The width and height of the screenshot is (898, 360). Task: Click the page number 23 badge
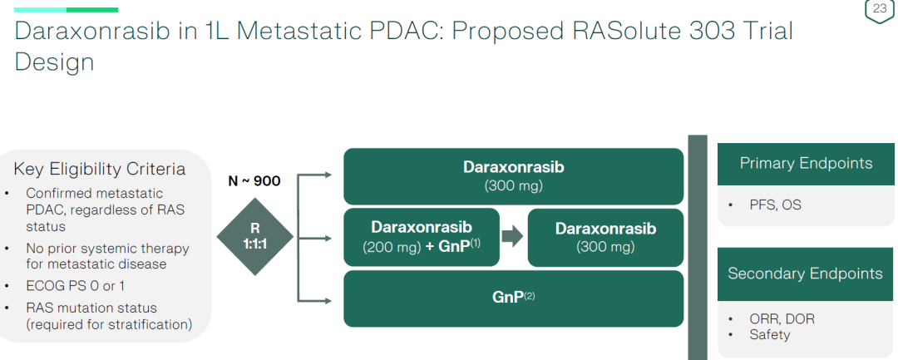click(879, 10)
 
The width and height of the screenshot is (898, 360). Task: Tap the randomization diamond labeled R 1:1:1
click(254, 237)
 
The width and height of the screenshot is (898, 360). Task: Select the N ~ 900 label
click(254, 181)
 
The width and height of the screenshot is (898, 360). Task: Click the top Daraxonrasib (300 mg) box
click(513, 175)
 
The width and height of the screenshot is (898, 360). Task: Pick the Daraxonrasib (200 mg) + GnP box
click(422, 237)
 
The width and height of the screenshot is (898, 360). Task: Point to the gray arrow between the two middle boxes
click(513, 236)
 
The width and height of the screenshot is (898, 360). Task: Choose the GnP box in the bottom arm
click(513, 296)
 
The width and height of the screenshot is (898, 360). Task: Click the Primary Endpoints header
click(806, 164)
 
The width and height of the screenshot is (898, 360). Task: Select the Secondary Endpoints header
click(805, 274)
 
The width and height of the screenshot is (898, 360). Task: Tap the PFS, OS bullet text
click(775, 205)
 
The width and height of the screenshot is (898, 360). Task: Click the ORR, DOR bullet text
click(782, 319)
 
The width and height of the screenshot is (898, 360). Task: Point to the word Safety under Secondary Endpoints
click(770, 334)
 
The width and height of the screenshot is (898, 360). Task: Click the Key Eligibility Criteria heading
click(100, 170)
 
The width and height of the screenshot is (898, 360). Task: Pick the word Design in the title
click(54, 63)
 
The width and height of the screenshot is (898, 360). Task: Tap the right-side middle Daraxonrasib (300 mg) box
click(605, 237)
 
